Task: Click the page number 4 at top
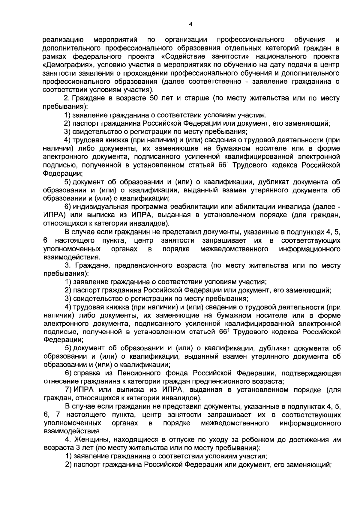point(191,25)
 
